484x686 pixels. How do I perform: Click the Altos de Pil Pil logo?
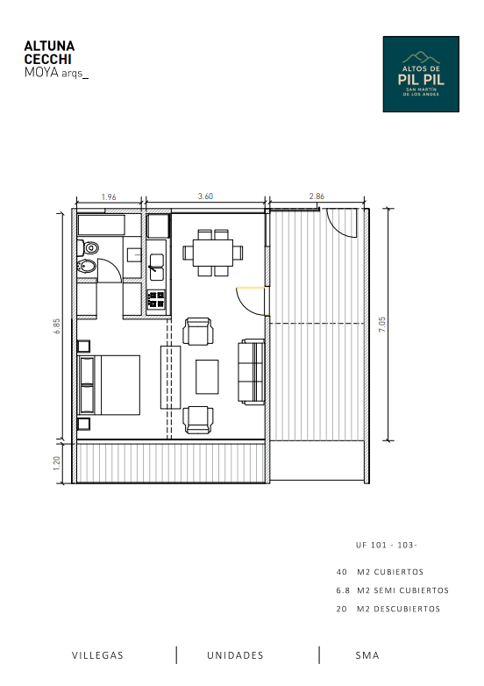click(421, 74)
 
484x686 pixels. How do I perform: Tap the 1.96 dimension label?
click(109, 197)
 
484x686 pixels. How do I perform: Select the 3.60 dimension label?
click(205, 197)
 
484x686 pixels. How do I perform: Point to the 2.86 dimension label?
click(317, 197)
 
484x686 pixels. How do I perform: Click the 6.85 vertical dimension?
click(57, 326)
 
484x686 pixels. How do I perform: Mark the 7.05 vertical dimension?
click(382, 325)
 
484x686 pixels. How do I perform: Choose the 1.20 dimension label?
click(56, 463)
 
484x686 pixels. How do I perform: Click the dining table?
click(213, 253)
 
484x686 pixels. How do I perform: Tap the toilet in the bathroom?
click(89, 248)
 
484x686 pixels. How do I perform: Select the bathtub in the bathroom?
click(102, 225)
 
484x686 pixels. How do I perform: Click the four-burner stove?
click(156, 300)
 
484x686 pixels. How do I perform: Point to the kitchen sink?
click(156, 268)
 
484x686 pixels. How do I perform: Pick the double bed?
click(109, 385)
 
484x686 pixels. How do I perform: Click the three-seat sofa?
click(252, 371)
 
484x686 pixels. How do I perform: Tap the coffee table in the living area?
click(207, 376)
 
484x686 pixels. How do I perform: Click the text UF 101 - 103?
click(387, 545)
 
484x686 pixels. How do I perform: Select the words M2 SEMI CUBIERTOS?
click(402, 590)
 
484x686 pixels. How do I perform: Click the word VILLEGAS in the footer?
click(97, 655)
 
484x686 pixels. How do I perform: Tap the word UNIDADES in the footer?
click(235, 655)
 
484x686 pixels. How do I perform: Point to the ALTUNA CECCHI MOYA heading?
click(56, 59)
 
